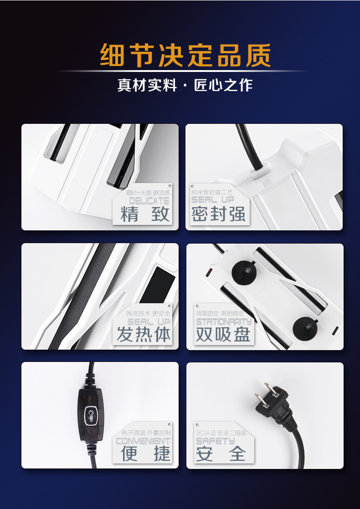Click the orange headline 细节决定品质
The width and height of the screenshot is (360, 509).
click(185, 56)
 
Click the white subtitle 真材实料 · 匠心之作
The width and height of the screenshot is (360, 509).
click(185, 85)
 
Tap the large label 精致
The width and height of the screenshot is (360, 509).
click(144, 214)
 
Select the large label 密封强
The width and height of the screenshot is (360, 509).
click(219, 214)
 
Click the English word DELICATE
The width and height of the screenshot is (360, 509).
click(149, 201)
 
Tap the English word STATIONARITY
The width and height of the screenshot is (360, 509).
click(224, 322)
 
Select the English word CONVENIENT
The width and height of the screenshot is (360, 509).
click(143, 441)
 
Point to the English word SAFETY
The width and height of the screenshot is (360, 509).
click(215, 441)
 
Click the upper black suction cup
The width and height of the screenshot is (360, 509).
click(244, 272)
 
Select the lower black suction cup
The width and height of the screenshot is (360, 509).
click(305, 326)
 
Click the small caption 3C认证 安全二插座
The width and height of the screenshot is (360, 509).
click(221, 433)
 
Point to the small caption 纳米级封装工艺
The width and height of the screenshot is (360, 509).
click(212, 192)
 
